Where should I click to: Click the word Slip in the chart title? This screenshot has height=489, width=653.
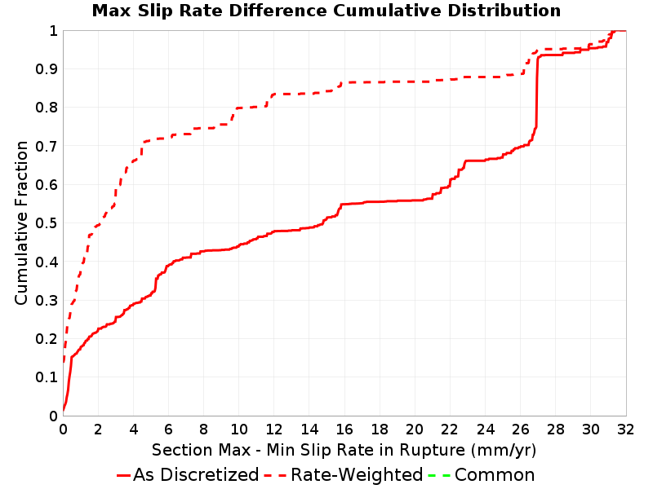tap(153, 11)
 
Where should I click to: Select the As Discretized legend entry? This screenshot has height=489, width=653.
tap(188, 474)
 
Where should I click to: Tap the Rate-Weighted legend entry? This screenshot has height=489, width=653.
tap(344, 474)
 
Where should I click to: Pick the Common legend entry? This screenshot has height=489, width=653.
tap(482, 474)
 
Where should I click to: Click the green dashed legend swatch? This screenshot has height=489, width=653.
tap(439, 475)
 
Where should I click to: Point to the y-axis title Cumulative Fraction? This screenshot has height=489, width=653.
tap(21, 222)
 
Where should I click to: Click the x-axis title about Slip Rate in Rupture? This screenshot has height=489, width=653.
tap(344, 450)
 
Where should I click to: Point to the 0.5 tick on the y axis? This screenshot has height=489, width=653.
tap(47, 223)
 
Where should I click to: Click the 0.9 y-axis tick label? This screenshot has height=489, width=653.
tap(47, 69)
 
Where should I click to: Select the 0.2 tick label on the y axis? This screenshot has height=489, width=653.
tap(47, 339)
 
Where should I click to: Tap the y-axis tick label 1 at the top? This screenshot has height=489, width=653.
tap(53, 31)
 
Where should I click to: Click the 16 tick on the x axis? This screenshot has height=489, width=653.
tap(344, 430)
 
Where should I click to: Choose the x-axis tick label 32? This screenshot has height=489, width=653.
tap(625, 430)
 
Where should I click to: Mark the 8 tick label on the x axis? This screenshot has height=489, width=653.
tap(203, 430)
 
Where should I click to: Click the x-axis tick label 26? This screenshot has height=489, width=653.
tap(520, 430)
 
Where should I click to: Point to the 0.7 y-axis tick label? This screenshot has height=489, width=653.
tap(47, 147)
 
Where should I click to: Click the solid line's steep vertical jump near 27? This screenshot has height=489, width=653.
tap(537, 91)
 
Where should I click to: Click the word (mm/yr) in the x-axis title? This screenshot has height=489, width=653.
tap(504, 451)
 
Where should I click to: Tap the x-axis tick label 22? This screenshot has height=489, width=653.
tap(450, 430)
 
